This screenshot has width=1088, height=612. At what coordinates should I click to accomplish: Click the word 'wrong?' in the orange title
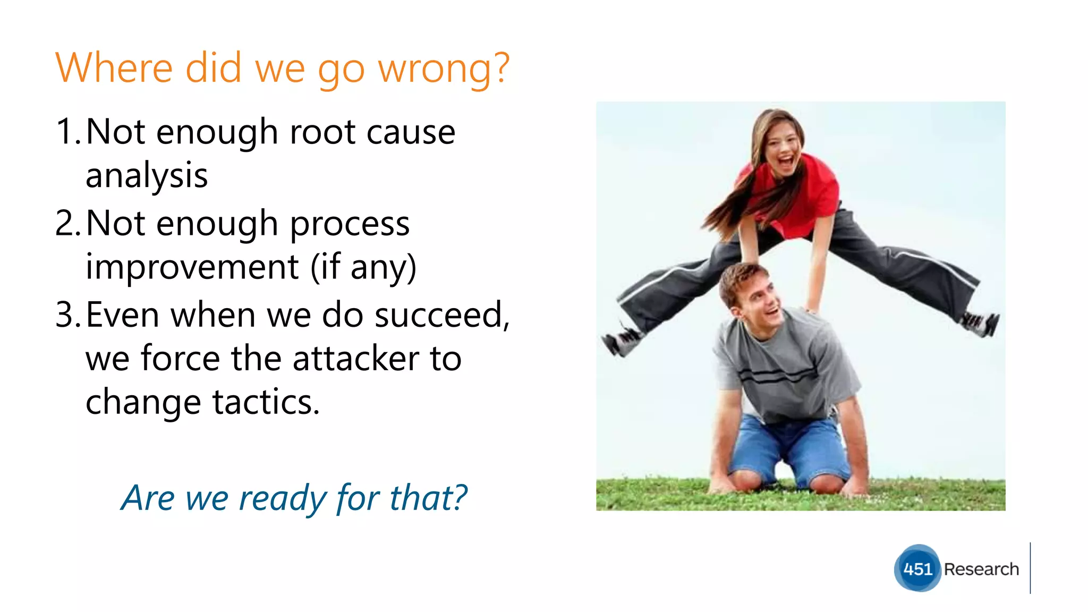tap(444, 69)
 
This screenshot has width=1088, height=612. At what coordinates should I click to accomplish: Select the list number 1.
tap(67, 132)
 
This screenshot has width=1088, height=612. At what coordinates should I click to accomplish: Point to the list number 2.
tap(67, 223)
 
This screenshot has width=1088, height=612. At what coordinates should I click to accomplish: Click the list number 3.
tap(67, 315)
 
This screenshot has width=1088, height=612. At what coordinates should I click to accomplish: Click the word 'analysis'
tap(147, 176)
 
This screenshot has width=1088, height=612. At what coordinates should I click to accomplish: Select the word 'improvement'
tap(192, 267)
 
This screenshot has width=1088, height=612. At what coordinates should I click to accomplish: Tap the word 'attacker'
tap(356, 359)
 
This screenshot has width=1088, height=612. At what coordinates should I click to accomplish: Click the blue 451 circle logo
tap(917, 568)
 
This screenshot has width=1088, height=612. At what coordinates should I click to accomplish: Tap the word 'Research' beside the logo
tap(981, 569)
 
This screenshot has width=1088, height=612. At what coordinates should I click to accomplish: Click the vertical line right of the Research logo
tap(1030, 568)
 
